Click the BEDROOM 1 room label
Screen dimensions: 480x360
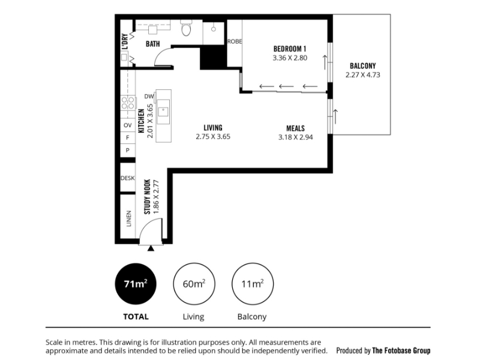click(290, 49)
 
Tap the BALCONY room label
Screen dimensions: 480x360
click(363, 66)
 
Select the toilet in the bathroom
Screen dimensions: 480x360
click(186, 28)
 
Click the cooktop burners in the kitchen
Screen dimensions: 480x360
click(128, 103)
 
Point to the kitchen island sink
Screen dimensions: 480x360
click(163, 112)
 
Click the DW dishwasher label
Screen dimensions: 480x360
click(149, 97)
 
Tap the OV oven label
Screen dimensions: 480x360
click(128, 125)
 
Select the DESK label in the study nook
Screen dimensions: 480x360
click(127, 178)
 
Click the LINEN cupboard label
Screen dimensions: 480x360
click(128, 218)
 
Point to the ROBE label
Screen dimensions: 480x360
click(235, 41)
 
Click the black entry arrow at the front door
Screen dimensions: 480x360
click(151, 248)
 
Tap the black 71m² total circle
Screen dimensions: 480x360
click(136, 284)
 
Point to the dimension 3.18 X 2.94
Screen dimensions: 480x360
click(295, 137)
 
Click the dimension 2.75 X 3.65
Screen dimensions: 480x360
click(213, 137)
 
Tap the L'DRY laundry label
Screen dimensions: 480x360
click(125, 41)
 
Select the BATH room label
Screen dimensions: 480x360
click(153, 44)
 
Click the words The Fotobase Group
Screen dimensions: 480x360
click(401, 350)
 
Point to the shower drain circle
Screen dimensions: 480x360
click(214, 29)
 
